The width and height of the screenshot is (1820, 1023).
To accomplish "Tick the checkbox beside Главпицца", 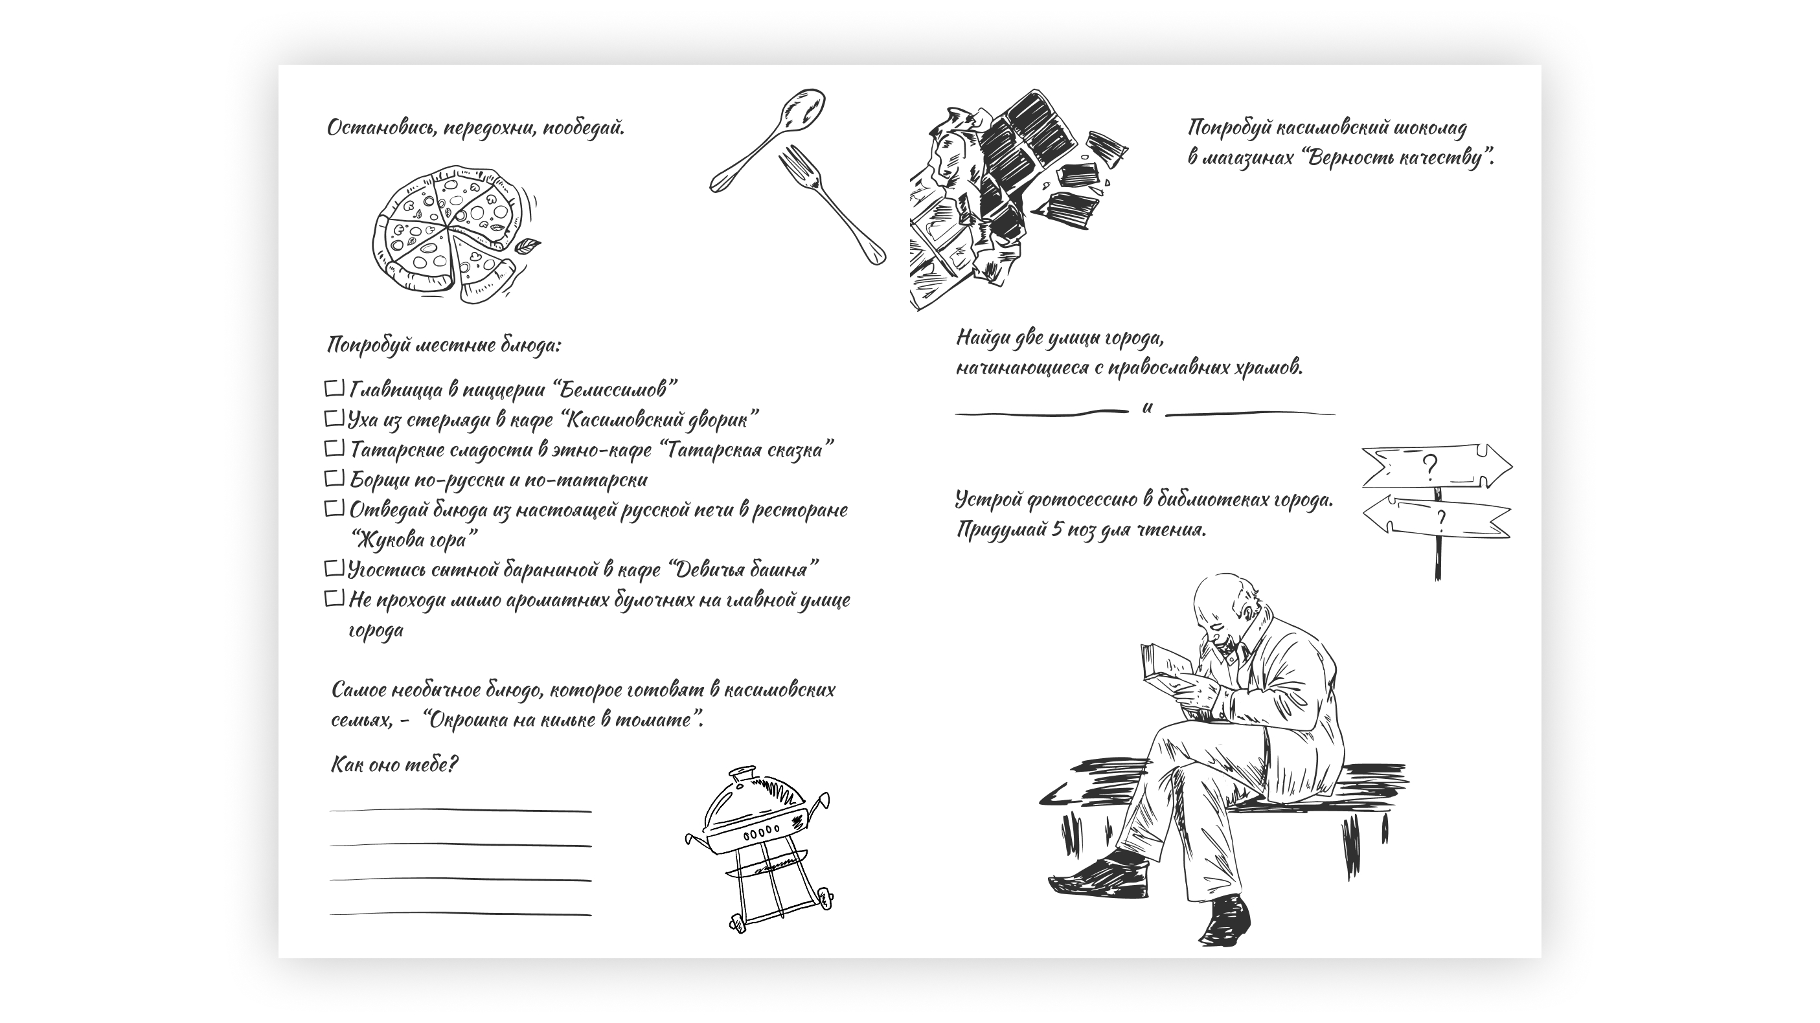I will point(334,388).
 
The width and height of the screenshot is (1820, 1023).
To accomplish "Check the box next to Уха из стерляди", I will point(334,418).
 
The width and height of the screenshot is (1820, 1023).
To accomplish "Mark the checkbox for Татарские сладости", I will point(334,448).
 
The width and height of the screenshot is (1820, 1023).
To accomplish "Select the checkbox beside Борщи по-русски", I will point(334,478).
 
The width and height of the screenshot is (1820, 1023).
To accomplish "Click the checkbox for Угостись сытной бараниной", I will point(334,568).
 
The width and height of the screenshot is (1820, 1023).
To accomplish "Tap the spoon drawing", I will point(770,138).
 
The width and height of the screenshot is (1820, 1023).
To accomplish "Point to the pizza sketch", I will point(445,233).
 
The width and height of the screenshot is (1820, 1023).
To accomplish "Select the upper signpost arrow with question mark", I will point(1434,467).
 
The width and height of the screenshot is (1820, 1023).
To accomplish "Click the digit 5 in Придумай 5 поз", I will point(1056,529).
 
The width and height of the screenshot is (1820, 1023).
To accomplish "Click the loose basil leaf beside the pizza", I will point(527,247).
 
